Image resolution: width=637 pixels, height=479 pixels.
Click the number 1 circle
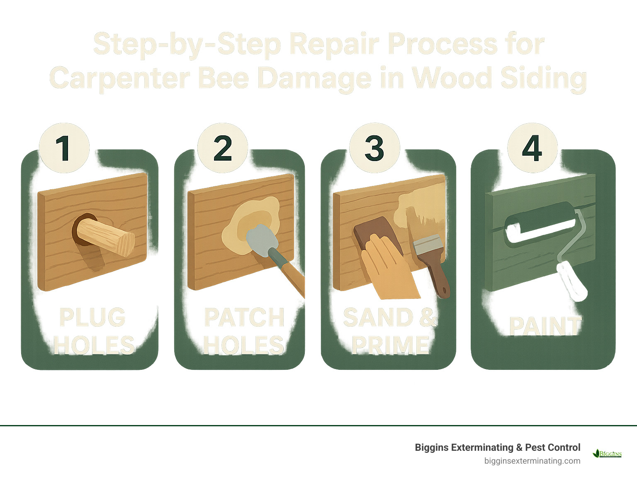tap(64, 148)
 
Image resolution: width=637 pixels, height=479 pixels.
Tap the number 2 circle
tap(223, 148)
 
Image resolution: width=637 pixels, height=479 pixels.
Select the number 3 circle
tap(374, 148)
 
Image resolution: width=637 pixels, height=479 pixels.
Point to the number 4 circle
tap(532, 148)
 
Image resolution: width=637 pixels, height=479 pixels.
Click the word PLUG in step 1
tap(92, 318)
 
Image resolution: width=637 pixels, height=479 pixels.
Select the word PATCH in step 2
tap(244, 318)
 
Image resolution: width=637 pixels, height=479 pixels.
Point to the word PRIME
tap(390, 345)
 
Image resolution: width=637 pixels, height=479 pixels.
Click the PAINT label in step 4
tap(545, 326)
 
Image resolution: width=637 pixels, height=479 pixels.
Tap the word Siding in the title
tap(543, 78)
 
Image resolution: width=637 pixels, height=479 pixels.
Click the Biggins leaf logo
tap(607, 453)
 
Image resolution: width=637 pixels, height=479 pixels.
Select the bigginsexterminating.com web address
tap(532, 461)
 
